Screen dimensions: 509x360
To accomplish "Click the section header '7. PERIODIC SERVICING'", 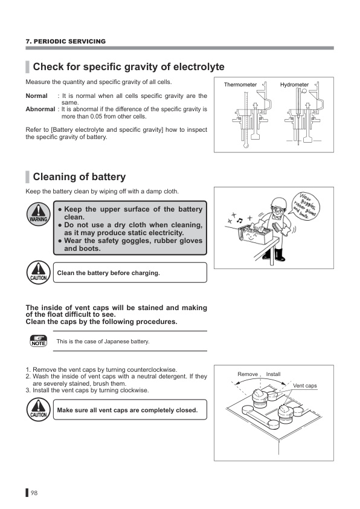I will pyautogui.click(x=65, y=41).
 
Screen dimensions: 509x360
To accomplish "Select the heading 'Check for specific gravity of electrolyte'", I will pyautogui.click(x=128, y=66).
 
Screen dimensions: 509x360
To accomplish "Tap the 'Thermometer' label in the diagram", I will pyautogui.click(x=240, y=85).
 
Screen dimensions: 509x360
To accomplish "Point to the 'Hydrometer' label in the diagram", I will pyautogui.click(x=294, y=85).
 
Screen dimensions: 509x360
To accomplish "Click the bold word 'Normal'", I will pyautogui.click(x=36, y=96).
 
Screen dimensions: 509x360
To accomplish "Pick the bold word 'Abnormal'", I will pyautogui.click(x=40, y=109).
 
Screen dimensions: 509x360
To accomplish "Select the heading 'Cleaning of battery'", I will pyautogui.click(x=79, y=177).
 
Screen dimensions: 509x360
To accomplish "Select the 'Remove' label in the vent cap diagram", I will pyautogui.click(x=248, y=375).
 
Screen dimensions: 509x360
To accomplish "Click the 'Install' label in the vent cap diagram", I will pyautogui.click(x=273, y=375).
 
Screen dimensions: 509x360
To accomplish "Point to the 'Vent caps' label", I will pyautogui.click(x=305, y=386).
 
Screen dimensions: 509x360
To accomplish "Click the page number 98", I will pyautogui.click(x=34, y=493).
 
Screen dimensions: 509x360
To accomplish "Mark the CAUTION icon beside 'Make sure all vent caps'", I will pyautogui.click(x=39, y=410).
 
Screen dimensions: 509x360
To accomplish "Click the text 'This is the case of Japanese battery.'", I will pyautogui.click(x=103, y=342).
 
